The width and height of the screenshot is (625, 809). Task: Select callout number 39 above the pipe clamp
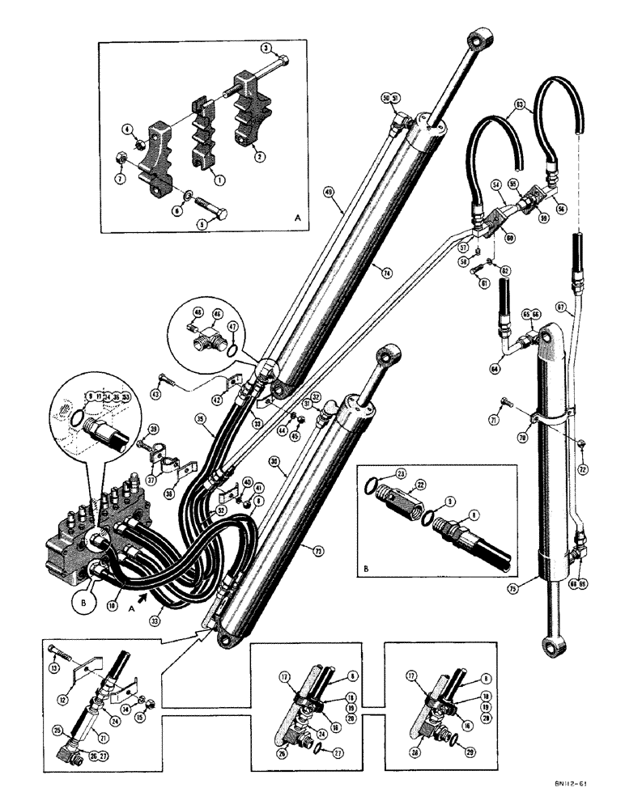coord(155,429)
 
